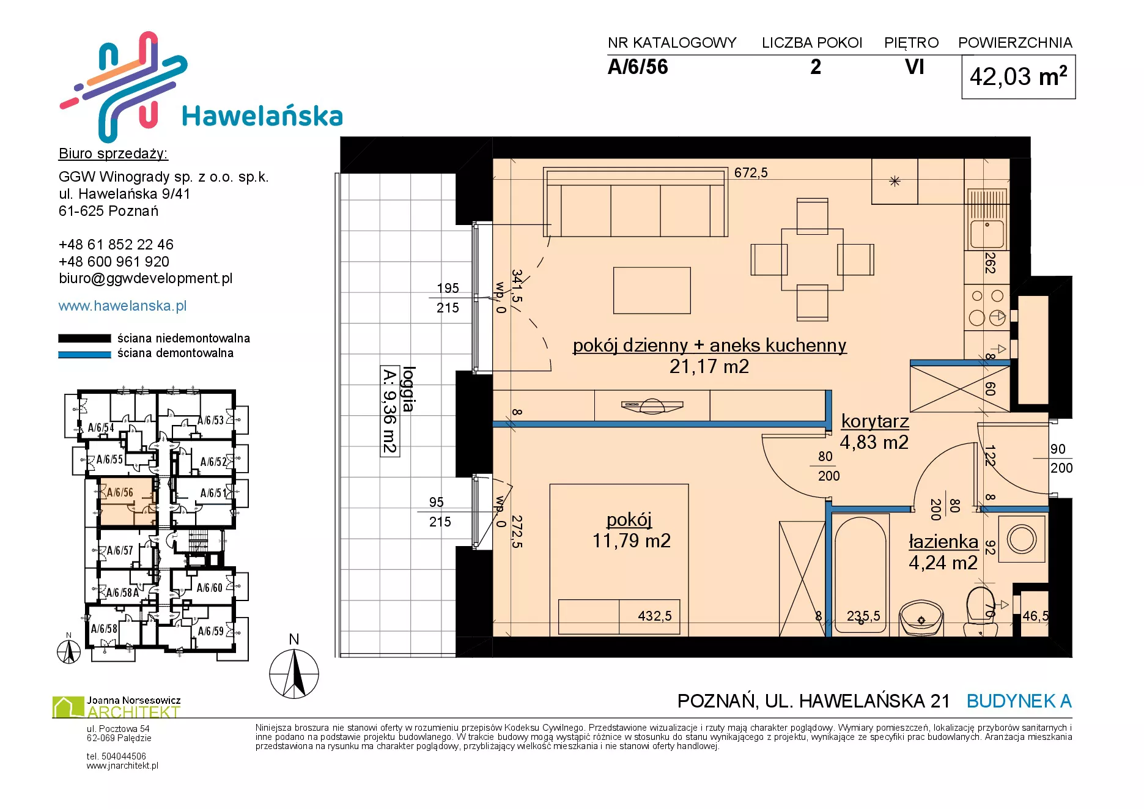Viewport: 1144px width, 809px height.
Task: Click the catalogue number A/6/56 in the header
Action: click(x=638, y=67)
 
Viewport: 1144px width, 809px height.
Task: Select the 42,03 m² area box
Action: click(x=1018, y=77)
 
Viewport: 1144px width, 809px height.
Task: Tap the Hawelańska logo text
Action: click(x=262, y=116)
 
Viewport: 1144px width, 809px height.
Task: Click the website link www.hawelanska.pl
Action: click(x=122, y=306)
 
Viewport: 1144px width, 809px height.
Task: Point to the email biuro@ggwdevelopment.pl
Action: click(x=146, y=278)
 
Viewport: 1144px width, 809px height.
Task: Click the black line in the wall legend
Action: click(x=84, y=338)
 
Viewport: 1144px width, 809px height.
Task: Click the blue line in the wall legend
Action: click(x=84, y=354)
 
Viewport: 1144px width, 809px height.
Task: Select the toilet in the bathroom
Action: click(x=981, y=611)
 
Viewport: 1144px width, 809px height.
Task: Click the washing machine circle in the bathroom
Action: click(x=1022, y=539)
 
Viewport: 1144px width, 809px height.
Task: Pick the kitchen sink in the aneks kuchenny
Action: click(x=986, y=218)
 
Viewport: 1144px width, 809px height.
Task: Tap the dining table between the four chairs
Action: click(x=812, y=259)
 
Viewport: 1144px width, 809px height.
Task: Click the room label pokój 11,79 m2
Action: click(x=631, y=530)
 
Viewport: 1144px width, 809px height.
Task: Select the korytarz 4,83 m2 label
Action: click(x=874, y=432)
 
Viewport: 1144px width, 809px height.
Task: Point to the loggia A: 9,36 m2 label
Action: click(x=398, y=410)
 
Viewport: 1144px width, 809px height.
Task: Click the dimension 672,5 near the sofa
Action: click(x=751, y=173)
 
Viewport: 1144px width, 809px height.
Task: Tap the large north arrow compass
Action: click(x=294, y=673)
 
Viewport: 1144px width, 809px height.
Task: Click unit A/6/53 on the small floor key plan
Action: click(x=210, y=420)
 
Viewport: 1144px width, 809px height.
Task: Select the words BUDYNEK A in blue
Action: click(x=1019, y=701)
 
